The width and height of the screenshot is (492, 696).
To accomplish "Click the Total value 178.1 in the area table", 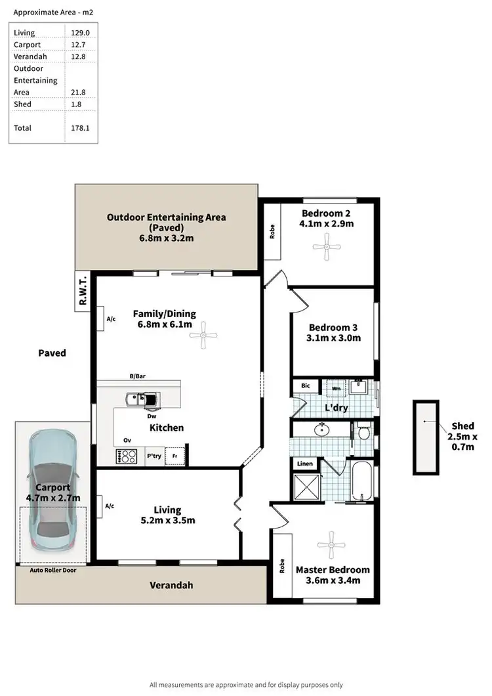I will [x=79, y=128].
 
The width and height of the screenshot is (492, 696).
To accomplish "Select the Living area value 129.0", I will [x=79, y=33].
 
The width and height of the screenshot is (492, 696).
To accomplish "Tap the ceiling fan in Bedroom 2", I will [x=326, y=247].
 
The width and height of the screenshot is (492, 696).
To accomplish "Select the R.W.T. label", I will [x=82, y=292].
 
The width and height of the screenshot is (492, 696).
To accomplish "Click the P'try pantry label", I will [x=154, y=456].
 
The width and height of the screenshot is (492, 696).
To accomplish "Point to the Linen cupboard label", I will [x=305, y=464].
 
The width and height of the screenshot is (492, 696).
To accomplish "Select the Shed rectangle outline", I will [x=426, y=437].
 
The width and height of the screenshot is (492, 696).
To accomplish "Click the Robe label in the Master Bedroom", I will [x=282, y=565].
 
